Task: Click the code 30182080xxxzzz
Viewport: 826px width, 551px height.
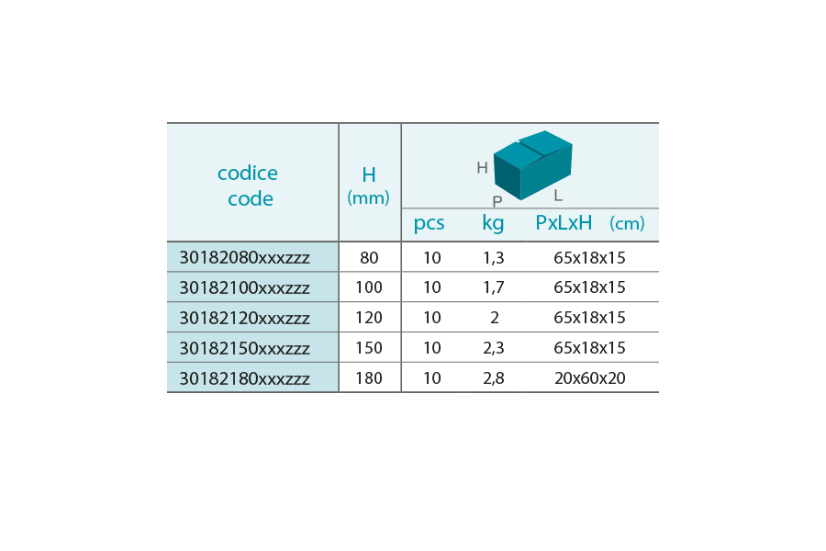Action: (x=244, y=257)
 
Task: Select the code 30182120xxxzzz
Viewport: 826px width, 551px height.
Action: (x=244, y=318)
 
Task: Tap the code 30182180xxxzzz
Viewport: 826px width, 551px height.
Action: (x=244, y=378)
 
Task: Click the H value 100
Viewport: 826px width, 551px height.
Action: (x=369, y=287)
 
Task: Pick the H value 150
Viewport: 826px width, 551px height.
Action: (x=369, y=348)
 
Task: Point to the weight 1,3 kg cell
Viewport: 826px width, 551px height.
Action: (x=494, y=258)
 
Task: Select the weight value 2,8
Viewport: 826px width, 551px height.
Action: (x=494, y=378)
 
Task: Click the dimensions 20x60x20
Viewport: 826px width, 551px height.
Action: (x=590, y=378)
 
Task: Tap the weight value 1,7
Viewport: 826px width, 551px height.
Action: (x=494, y=287)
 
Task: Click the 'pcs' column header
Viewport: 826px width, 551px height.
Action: (x=429, y=223)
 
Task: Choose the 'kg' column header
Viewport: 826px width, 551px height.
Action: (x=493, y=223)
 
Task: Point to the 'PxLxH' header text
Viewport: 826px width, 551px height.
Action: (x=564, y=222)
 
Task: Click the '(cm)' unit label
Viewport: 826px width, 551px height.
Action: (x=627, y=223)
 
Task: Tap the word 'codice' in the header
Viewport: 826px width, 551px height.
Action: (x=248, y=173)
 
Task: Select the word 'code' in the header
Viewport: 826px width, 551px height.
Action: (x=251, y=198)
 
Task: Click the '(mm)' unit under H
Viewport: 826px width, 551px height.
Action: (x=368, y=197)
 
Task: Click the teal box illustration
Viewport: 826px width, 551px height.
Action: (x=532, y=165)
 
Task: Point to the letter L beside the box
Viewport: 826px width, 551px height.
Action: (x=558, y=196)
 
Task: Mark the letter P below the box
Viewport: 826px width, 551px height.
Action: (x=497, y=201)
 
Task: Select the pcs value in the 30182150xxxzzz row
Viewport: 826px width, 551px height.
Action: (x=432, y=348)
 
